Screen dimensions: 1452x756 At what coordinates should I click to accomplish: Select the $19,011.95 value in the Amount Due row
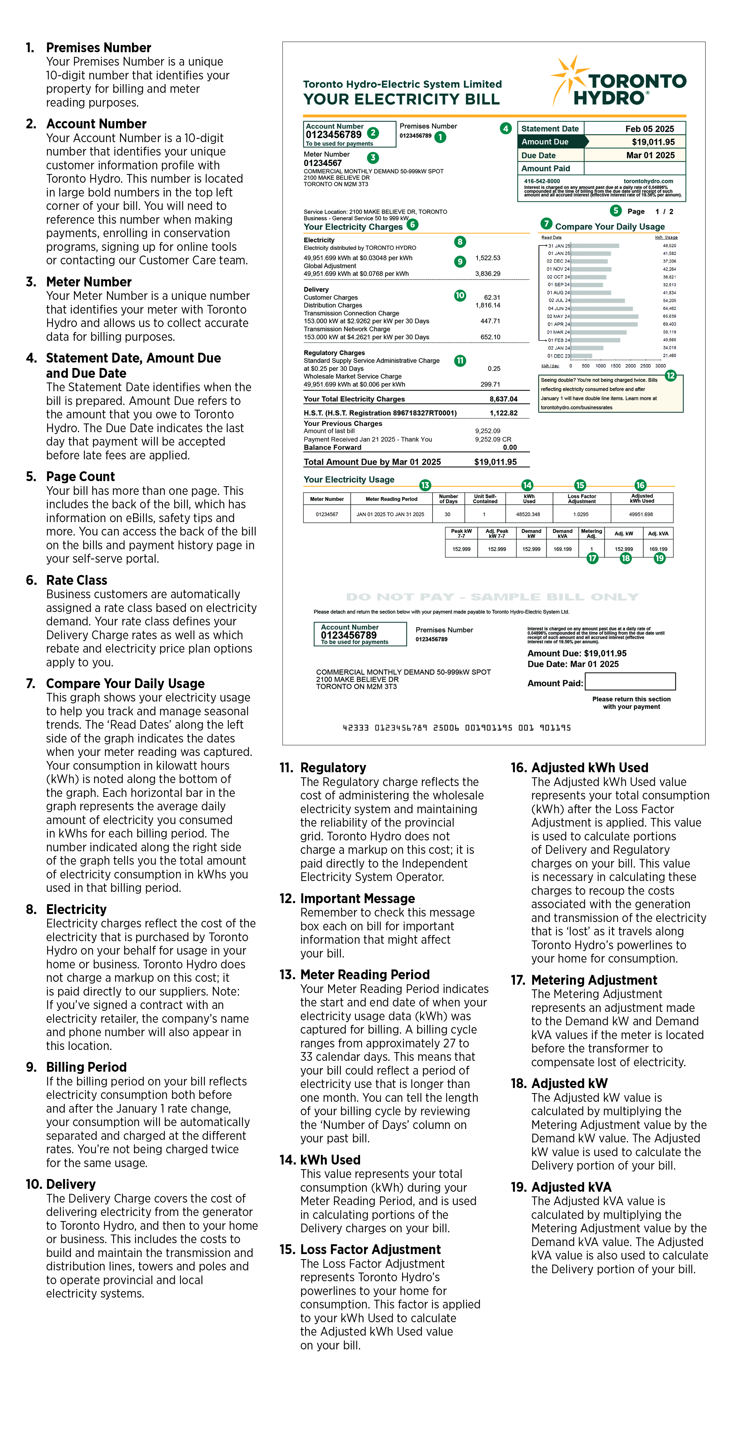(653, 142)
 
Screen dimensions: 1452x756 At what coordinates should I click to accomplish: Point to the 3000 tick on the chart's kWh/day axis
(660, 366)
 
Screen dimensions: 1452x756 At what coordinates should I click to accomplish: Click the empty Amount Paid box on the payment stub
(630, 682)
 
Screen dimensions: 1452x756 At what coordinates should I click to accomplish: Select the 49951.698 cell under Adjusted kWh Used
(641, 514)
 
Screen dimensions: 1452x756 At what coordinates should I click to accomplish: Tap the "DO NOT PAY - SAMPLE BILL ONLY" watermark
(492, 597)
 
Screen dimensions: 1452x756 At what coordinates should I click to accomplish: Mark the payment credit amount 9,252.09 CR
(493, 439)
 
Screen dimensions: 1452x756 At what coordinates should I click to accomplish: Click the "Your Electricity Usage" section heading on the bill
(349, 480)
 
